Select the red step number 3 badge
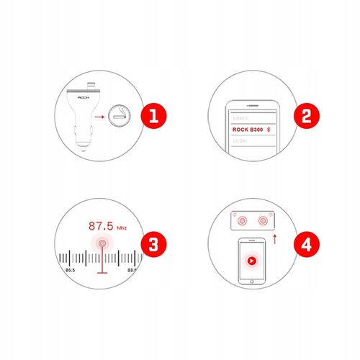point(149,244)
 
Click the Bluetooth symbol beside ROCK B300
point(270,130)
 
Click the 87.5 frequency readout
point(102,225)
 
